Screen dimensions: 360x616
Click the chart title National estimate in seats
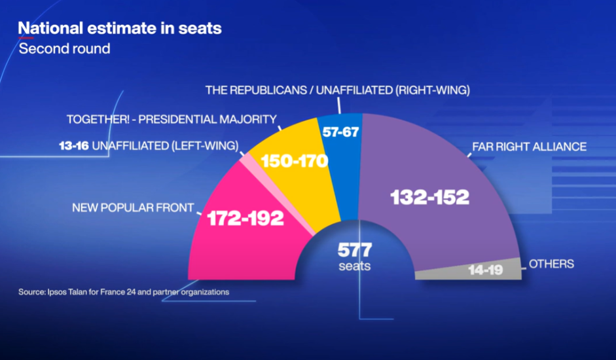(119, 29)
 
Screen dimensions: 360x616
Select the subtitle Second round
(64, 49)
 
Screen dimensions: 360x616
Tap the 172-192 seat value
(245, 219)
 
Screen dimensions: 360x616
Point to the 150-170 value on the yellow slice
(294, 160)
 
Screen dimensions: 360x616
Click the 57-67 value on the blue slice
(340, 131)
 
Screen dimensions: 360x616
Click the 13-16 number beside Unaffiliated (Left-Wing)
(74, 145)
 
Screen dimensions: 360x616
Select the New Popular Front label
(133, 209)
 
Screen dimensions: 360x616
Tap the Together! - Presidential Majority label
(172, 119)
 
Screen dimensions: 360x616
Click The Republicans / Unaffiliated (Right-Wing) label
(338, 90)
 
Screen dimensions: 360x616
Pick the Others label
(551, 264)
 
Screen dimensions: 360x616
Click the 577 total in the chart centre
(355, 250)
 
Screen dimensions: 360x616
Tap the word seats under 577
(355, 266)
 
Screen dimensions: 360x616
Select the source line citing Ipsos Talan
(124, 292)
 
